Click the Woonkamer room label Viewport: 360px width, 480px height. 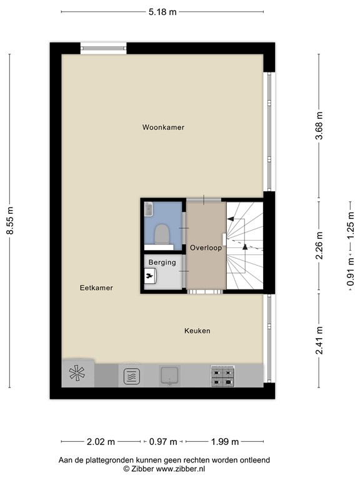pyautogui.click(x=163, y=127)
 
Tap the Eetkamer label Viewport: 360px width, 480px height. pyautogui.click(x=96, y=288)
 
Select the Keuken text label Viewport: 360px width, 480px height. pyautogui.click(x=197, y=331)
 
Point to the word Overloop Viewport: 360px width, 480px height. pyautogui.click(x=206, y=247)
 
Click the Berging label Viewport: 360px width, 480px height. pyautogui.click(x=161, y=263)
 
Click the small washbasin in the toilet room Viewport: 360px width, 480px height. pyautogui.click(x=149, y=208)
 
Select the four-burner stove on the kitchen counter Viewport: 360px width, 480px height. pyautogui.click(x=223, y=376)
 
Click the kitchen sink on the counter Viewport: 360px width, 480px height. pyautogui.click(x=170, y=376)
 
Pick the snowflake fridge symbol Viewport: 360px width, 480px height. pyautogui.click(x=77, y=375)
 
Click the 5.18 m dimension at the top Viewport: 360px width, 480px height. pyautogui.click(x=162, y=12)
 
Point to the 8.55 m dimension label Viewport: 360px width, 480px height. pyautogui.click(x=9, y=221)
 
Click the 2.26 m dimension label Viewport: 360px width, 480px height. pyautogui.click(x=319, y=245)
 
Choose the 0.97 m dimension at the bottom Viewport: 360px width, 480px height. pyautogui.click(x=162, y=442)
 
